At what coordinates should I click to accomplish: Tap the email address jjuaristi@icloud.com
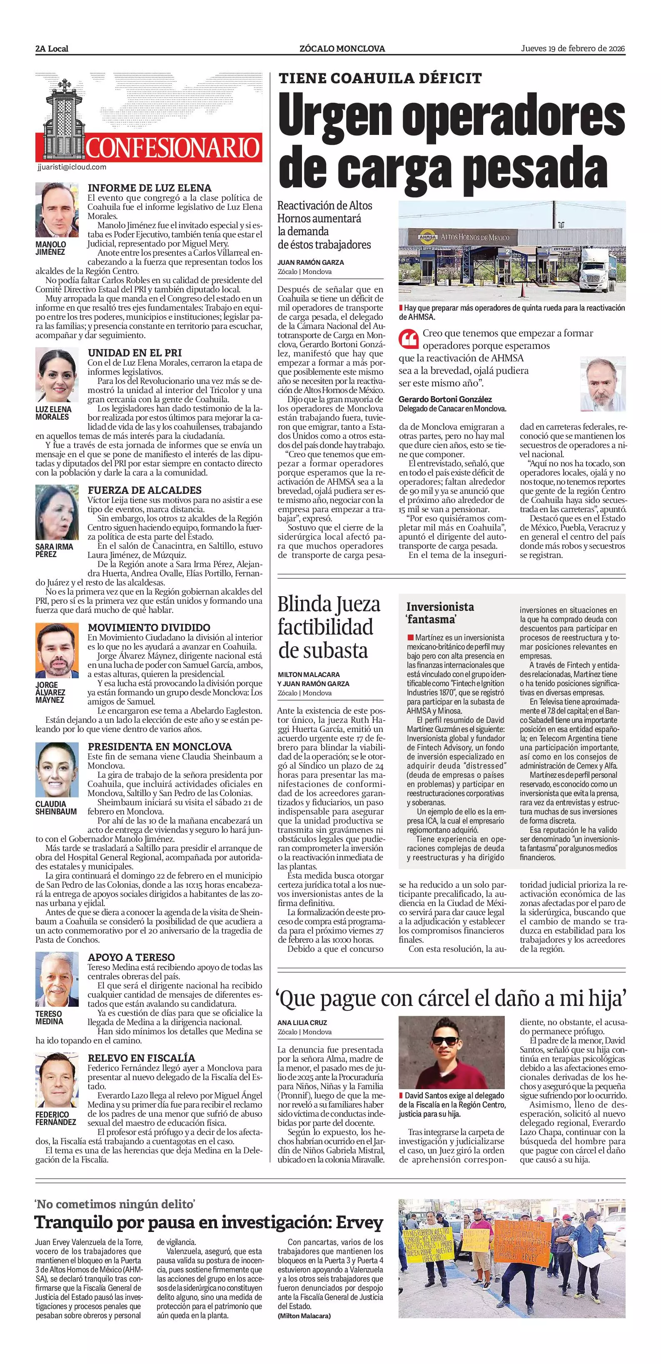click(72, 167)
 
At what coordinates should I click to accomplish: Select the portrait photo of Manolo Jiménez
click(57, 210)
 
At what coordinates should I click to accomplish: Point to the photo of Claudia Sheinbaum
click(57, 769)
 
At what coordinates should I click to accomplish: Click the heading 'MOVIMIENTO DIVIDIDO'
click(149, 627)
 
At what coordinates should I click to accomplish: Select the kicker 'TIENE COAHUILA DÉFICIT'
click(380, 78)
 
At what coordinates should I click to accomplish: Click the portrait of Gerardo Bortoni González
click(603, 384)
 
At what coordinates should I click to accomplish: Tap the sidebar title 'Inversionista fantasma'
click(440, 612)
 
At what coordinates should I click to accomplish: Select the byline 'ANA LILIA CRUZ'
click(302, 1023)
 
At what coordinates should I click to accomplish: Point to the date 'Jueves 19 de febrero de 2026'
click(573, 49)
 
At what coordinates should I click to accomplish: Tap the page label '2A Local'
click(52, 49)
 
